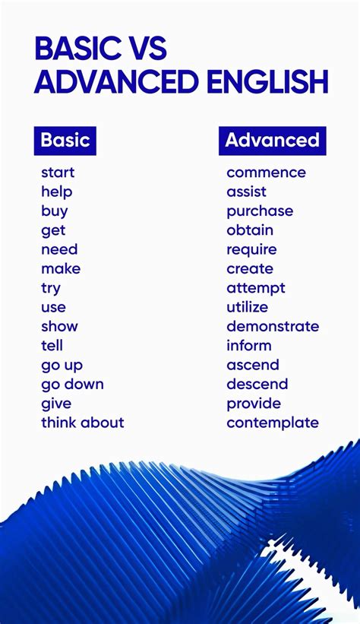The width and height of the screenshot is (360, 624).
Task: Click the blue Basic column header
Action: point(65,141)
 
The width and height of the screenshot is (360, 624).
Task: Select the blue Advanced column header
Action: point(272,141)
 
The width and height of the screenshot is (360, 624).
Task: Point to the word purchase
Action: point(260,211)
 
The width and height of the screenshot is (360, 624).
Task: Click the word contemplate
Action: point(273,423)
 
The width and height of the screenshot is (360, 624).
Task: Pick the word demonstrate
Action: point(273,326)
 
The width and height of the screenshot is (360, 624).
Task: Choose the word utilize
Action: point(247,307)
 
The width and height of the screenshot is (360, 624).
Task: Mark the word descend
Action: point(257,384)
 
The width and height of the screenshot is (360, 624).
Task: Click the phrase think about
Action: point(83,423)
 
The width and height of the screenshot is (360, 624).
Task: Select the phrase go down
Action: point(72,385)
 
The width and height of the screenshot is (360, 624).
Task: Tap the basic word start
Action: point(58,173)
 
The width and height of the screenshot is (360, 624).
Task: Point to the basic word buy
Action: point(55,211)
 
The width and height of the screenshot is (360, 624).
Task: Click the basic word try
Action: point(51,288)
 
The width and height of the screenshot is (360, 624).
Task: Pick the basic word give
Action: point(56,404)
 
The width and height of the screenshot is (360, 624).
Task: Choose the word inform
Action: point(248,346)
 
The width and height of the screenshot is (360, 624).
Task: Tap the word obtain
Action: point(250,230)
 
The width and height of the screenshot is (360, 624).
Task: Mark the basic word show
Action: point(59,326)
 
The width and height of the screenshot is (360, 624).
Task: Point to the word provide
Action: point(254,404)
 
